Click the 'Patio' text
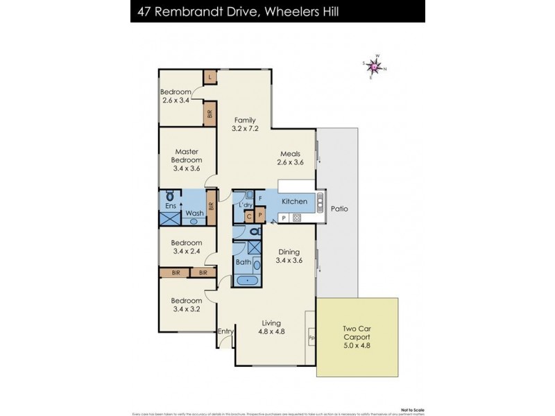tap(339, 208)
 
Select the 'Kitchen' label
tap(294, 201)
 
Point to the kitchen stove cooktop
tap(296, 218)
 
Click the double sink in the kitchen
tap(321, 202)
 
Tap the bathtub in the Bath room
tap(246, 281)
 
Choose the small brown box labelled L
tap(209, 77)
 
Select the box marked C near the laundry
tap(248, 216)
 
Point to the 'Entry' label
tap(225, 331)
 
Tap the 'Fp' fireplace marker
tap(311, 338)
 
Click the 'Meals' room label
tap(290, 154)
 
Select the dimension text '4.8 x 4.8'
tap(271, 331)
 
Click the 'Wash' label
tap(195, 213)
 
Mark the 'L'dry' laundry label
tap(245, 205)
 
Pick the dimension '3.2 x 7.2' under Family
tap(245, 128)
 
